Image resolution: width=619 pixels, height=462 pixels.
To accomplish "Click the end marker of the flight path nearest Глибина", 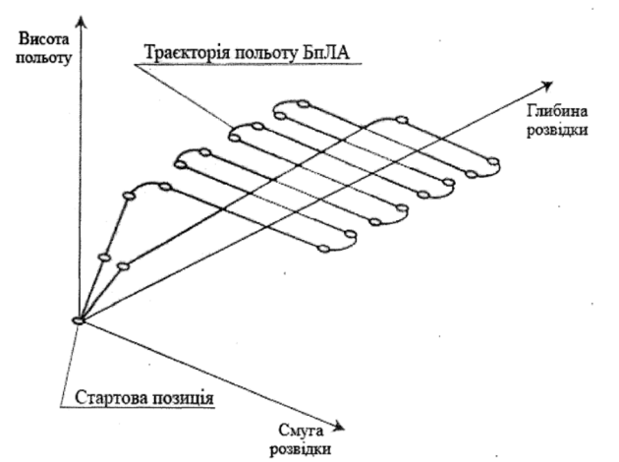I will [x=494, y=161].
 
